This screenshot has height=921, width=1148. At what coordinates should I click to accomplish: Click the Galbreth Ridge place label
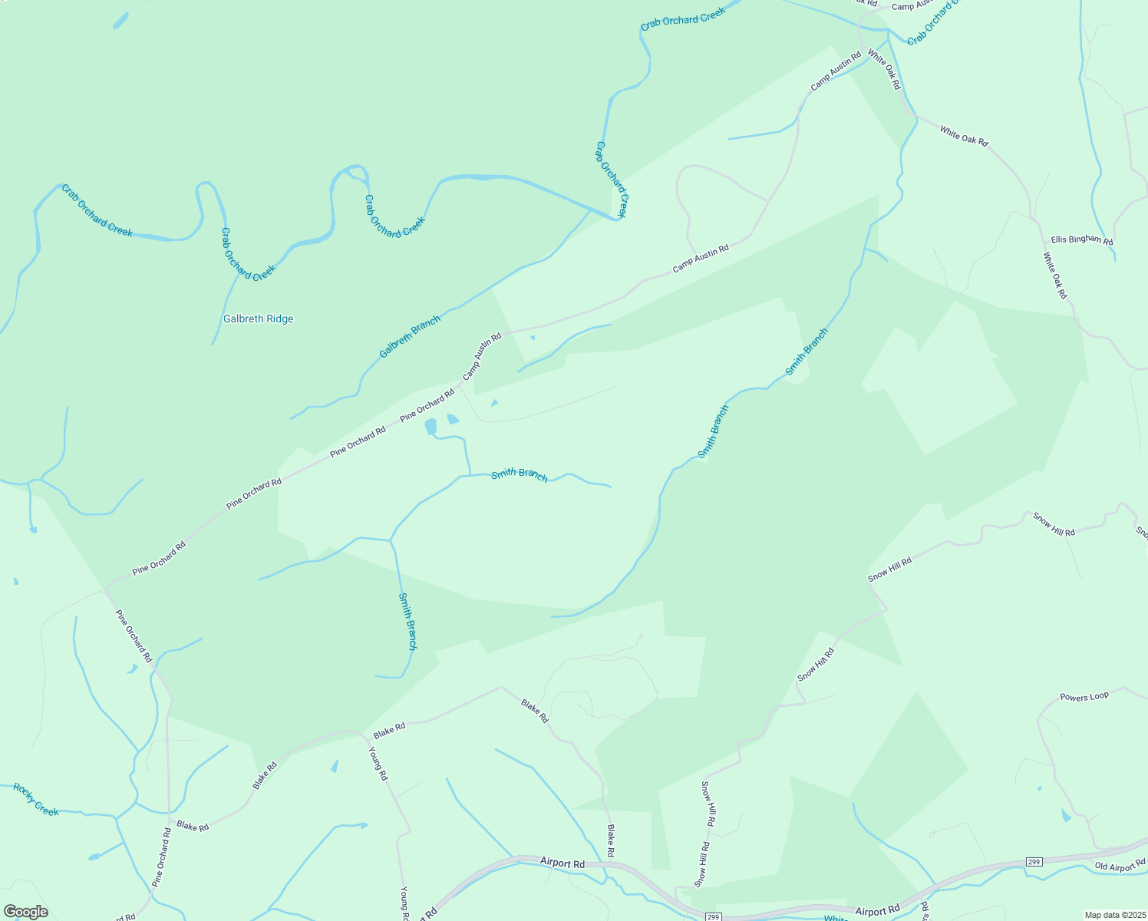coord(258,319)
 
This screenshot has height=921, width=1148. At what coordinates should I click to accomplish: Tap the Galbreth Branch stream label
coord(410,337)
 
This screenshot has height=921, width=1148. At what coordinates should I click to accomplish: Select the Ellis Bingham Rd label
coord(1081,239)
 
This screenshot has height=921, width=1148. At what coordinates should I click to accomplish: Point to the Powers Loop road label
coord(1084,697)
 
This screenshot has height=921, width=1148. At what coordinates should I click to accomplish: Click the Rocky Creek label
coord(36,800)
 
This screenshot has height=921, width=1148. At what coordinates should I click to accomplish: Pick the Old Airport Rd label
coord(1120,867)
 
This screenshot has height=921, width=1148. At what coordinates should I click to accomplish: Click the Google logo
coord(25,912)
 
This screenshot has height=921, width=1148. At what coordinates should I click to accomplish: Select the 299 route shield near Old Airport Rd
coord(1034,863)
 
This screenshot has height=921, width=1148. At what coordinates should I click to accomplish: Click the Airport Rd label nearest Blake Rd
coord(562,863)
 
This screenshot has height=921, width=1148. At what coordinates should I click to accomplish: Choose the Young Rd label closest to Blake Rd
coord(378,764)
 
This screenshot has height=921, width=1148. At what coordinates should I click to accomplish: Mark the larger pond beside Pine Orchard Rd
coord(430,426)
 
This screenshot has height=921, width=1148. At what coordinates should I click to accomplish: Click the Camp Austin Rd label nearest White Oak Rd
coord(836,70)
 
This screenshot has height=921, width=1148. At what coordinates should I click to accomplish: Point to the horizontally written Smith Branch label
coord(520,474)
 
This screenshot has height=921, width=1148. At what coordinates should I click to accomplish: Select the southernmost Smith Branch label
coord(407,622)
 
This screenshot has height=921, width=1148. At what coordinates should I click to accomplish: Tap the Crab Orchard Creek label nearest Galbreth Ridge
coord(247,254)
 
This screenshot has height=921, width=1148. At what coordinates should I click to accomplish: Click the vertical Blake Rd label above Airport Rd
coord(611,841)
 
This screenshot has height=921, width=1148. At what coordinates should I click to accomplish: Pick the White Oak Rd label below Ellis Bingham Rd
coord(1055,276)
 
